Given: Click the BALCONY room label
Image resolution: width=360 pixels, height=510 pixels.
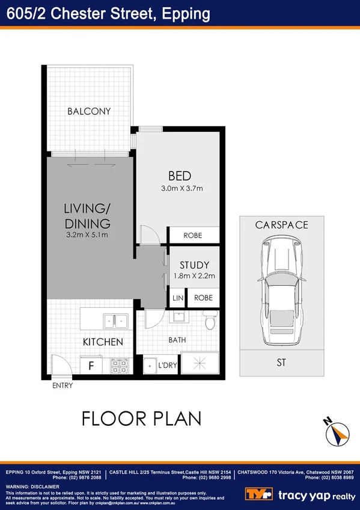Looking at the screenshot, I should point(89,111).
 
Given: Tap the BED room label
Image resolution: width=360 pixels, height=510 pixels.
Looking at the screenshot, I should point(179,176).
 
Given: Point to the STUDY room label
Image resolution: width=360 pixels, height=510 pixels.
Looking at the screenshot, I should point(194,265).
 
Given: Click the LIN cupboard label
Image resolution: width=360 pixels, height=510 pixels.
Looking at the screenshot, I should point(177,298).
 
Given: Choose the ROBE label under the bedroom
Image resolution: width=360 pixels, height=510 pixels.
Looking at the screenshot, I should point(192,235).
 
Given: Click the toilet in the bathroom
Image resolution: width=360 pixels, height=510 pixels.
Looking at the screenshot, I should point(209,322).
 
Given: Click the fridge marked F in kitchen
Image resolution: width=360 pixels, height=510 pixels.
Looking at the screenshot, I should point(91,365).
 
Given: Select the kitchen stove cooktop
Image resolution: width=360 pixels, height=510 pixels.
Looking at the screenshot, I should point(118,366).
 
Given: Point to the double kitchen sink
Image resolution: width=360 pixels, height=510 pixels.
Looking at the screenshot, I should point(114,321).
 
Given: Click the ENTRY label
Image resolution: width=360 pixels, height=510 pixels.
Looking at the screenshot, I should point(63,386).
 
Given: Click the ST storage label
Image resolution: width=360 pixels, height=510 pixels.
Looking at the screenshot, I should point(281,362).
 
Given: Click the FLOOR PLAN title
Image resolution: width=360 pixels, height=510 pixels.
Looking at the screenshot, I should point(141,418).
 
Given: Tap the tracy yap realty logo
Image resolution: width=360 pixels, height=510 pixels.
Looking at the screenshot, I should point(300,494).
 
